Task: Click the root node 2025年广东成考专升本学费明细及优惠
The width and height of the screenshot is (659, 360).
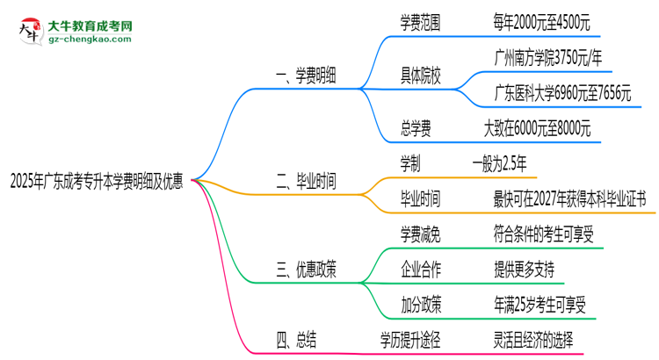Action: [96, 182]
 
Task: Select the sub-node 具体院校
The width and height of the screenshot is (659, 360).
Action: [420, 78]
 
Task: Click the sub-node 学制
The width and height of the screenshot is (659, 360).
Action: [409, 164]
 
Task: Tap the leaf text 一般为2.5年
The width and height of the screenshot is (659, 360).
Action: [499, 164]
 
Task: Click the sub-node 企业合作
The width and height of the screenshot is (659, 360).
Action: [421, 269]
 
